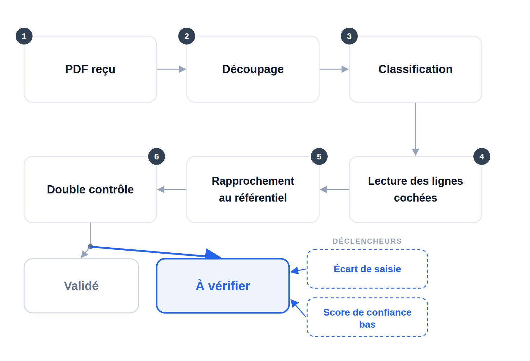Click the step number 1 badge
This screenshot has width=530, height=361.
coord(24,36)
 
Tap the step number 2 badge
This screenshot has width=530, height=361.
coord(187,36)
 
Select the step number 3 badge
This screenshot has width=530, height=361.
coord(349,36)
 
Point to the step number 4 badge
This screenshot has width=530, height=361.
coord(482,156)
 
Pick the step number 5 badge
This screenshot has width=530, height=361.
coord(319,156)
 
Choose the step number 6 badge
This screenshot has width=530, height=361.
coord(157,156)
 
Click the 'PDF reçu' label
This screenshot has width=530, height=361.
coord(90,69)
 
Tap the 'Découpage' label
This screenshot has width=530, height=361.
coord(253,69)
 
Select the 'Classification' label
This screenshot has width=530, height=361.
coord(416,69)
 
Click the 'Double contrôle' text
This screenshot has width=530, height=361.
coord(90,190)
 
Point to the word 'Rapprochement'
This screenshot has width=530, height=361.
coord(253,181)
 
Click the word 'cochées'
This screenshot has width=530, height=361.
coord(416,198)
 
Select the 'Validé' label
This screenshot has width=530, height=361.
coord(81,286)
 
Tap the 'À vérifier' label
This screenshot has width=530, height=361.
coord(223,286)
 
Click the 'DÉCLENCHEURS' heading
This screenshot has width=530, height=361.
coord(367,241)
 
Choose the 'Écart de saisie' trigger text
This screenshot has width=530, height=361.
coord(367,269)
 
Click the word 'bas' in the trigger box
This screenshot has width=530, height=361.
coord(367,324)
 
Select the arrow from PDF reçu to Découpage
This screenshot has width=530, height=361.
coord(171,69)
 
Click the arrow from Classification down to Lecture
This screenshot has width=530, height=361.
coord(416,129)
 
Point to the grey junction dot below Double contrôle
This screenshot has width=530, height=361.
coord(90,247)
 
